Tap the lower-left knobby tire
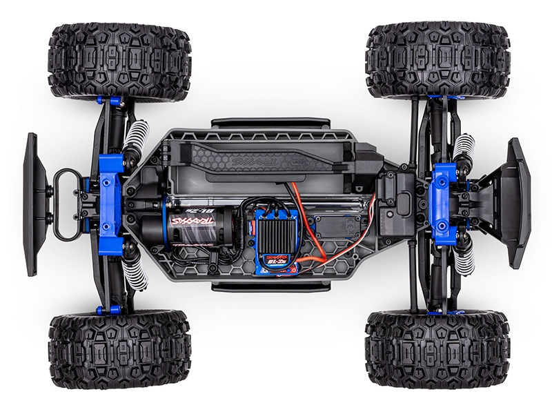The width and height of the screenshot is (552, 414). (119, 348)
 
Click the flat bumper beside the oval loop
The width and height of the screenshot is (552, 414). (31, 204)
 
